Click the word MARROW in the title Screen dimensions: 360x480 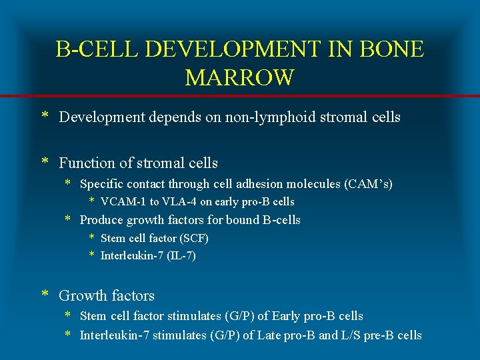[x=239, y=77]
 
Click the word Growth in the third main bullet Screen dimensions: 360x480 [x=81, y=295]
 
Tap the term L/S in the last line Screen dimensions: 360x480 [x=349, y=335]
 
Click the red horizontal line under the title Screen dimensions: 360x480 [x=240, y=97]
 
